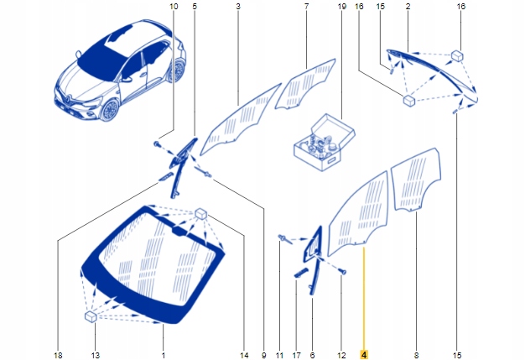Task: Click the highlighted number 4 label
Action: pos(364,354)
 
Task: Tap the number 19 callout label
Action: pos(342,6)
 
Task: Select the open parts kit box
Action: pos(324,143)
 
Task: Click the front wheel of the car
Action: pos(110,109)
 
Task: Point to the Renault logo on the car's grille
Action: pos(67,98)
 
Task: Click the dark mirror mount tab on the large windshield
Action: pos(179,231)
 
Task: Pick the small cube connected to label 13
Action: pos(91,316)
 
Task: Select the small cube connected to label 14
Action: pos(201,213)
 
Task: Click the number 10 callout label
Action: pos(174,6)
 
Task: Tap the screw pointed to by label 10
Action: pos(157,144)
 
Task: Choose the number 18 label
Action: pos(58,355)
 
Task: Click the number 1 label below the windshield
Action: pos(163,355)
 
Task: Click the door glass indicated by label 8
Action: pos(416,180)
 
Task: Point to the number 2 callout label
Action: pos(408,6)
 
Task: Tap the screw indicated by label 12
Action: pos(342,271)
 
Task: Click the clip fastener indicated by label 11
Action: pos(283,239)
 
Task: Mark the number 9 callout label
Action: pos(264,355)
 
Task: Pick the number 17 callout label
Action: pos(296,355)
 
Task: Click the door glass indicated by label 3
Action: pos(241,120)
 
